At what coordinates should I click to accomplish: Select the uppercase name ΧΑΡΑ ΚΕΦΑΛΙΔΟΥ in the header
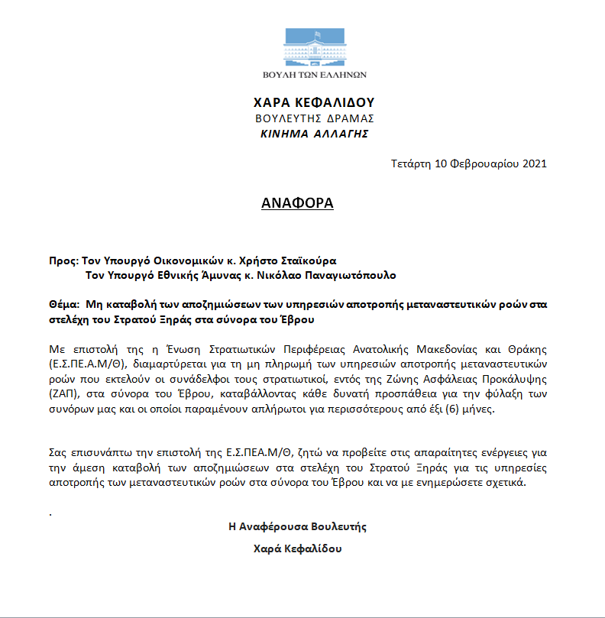314,103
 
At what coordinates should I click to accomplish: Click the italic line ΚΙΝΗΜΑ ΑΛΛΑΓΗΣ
314,134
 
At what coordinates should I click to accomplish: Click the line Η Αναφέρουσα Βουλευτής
298,526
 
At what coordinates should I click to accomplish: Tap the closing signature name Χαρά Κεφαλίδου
297,549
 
